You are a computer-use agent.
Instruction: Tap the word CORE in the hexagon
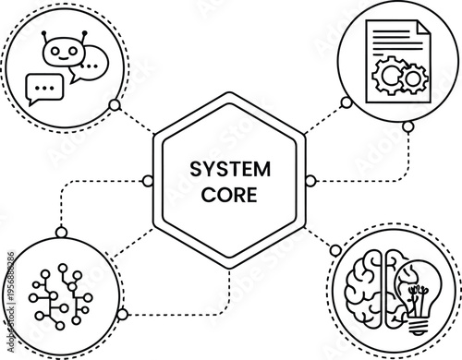click(230, 195)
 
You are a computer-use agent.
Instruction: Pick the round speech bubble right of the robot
click(90, 66)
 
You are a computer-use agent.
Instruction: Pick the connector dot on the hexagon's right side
click(310, 179)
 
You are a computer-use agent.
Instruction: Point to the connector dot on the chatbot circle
click(114, 105)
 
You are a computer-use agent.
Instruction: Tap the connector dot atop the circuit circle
click(59, 231)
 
